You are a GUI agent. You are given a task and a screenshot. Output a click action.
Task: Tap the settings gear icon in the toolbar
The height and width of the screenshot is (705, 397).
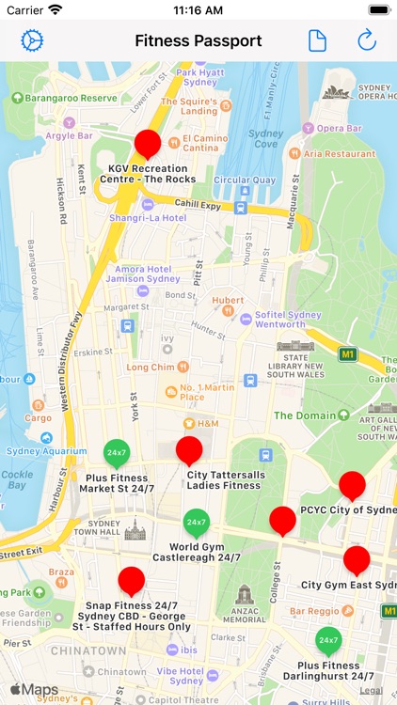pos(33,40)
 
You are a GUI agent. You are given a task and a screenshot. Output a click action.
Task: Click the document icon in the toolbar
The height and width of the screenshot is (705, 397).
pos(318,40)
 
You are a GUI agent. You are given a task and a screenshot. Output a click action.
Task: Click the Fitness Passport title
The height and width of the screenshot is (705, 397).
pos(198,40)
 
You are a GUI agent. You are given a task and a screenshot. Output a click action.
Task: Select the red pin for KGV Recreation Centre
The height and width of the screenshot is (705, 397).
pos(148,144)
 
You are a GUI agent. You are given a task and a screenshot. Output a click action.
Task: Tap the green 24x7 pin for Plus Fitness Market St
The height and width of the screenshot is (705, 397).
pos(117,453)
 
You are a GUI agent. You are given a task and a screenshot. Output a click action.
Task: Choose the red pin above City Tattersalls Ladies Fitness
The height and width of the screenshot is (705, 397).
pos(189,450)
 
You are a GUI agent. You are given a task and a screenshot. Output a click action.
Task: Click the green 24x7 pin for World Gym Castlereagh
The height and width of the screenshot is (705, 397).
pos(196,522)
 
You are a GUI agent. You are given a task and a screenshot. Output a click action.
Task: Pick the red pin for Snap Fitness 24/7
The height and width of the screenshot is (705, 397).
pos(132,581)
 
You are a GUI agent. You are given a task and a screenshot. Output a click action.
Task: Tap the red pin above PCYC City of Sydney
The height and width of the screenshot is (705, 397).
pos(352,485)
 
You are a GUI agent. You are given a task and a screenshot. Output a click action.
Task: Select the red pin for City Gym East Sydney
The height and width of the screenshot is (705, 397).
pos(357,560)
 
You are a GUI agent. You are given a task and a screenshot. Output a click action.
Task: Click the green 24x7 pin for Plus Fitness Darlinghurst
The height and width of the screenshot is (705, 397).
pos(327,640)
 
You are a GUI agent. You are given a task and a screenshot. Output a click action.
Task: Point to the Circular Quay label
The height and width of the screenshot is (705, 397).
pos(245,180)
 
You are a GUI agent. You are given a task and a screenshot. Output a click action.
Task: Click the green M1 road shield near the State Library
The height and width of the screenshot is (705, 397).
pos(348,354)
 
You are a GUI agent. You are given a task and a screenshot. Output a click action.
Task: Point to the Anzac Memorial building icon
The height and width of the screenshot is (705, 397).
pos(245,597)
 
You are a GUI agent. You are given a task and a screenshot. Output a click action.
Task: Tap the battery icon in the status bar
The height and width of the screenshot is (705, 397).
pos(378,9)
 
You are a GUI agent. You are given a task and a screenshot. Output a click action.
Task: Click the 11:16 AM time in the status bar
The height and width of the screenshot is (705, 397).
pos(198,9)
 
